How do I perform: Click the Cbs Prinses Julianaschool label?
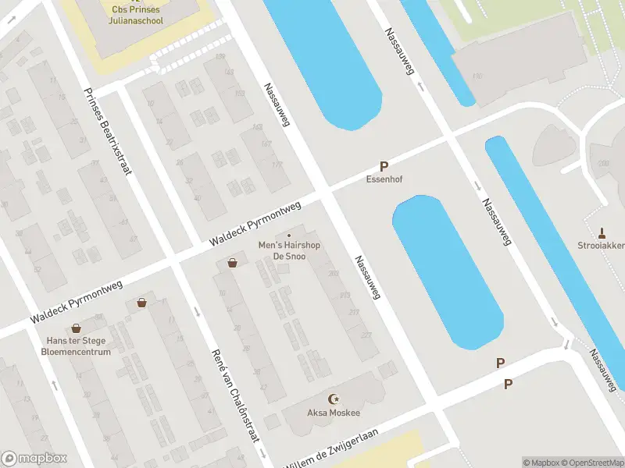pos(137,15)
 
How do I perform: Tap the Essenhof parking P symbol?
pos(384,166)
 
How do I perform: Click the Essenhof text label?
pos(384,179)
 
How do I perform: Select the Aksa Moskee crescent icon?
pos(336,398)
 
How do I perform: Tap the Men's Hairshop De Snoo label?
pos(289,251)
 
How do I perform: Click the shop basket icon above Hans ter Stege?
pos(76,329)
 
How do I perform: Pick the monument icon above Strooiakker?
pos(602,232)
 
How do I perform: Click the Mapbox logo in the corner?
pos(34,459)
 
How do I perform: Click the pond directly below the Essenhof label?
pos(447,273)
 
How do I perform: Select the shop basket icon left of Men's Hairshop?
pos(232,263)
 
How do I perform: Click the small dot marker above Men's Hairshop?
pos(289,236)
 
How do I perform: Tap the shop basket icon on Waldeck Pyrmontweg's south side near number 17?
pos(141,303)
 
